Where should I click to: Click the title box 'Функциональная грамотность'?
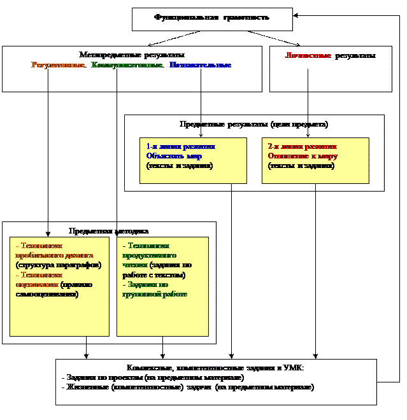click(211, 18)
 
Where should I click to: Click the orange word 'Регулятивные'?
click(59, 65)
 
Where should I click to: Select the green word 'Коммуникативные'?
click(127, 65)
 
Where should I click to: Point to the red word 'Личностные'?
click(308, 55)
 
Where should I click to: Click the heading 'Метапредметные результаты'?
click(132, 55)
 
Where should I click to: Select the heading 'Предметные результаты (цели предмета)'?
click(254, 124)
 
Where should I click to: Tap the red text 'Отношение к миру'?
click(303, 155)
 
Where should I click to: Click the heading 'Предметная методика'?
click(109, 231)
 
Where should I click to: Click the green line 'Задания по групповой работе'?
click(155, 290)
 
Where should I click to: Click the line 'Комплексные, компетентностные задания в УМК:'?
click(216, 368)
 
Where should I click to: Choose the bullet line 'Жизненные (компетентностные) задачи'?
click(187, 387)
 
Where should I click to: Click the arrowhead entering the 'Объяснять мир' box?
click(201, 136)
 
